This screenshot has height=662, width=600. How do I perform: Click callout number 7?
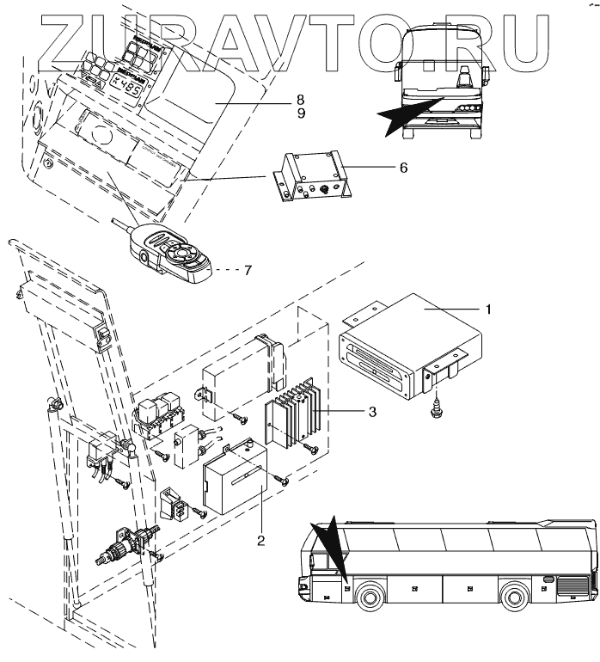pyautogui.click(x=248, y=270)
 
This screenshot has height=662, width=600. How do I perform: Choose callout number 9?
pyautogui.click(x=300, y=113)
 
